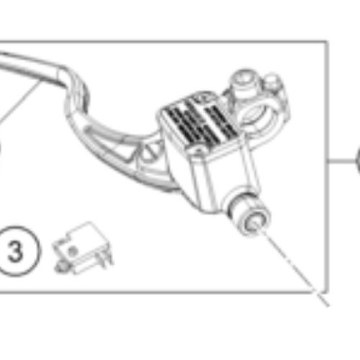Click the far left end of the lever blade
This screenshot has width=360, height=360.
(4, 62)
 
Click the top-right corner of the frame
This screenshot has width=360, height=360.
(328, 41)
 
